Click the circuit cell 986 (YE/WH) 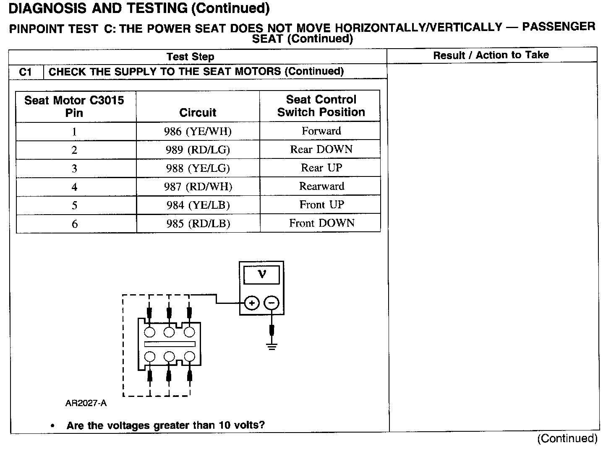pyautogui.click(x=198, y=132)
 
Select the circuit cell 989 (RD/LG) pyautogui.click(x=198, y=150)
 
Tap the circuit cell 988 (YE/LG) pyautogui.click(x=198, y=168)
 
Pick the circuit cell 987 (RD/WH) pyautogui.click(x=198, y=187)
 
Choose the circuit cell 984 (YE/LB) pyautogui.click(x=198, y=205)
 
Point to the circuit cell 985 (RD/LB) pyautogui.click(x=198, y=224)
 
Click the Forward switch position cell pyautogui.click(x=321, y=131)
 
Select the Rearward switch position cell pyautogui.click(x=321, y=187)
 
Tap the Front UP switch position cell pyautogui.click(x=321, y=205)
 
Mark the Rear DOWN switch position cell pyautogui.click(x=321, y=150)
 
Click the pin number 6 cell pyautogui.click(x=75, y=224)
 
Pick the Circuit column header pyautogui.click(x=198, y=112)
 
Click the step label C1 pyautogui.click(x=26, y=72)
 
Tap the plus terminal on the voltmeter pyautogui.click(x=251, y=303)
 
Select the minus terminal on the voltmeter pyautogui.click(x=272, y=303)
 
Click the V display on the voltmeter pyautogui.click(x=262, y=275)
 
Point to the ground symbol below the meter pyautogui.click(x=272, y=346)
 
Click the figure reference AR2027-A pyautogui.click(x=86, y=403)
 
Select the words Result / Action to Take pyautogui.click(x=491, y=55)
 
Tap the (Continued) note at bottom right pyautogui.click(x=567, y=438)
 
